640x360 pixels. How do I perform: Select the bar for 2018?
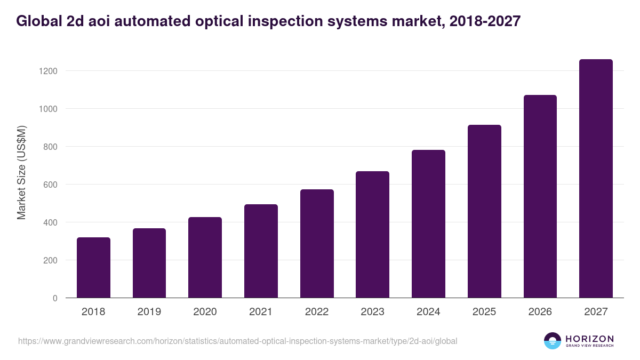(x=93, y=268)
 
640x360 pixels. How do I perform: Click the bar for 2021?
(x=261, y=251)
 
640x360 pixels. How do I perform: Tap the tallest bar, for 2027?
(x=596, y=179)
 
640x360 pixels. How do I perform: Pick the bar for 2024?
(x=428, y=224)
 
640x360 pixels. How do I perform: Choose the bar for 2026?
(x=540, y=196)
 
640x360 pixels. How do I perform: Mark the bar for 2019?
(x=149, y=263)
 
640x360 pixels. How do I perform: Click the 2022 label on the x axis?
(x=317, y=312)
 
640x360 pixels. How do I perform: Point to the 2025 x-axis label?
(x=484, y=312)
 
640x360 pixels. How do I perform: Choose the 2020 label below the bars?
(x=205, y=312)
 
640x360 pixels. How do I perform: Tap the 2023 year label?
(x=372, y=312)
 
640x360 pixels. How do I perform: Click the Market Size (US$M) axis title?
(x=21, y=172)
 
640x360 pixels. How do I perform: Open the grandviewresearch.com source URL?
(x=237, y=341)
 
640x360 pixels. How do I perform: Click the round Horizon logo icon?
(x=553, y=341)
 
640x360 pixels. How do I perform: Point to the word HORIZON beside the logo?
(x=589, y=339)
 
